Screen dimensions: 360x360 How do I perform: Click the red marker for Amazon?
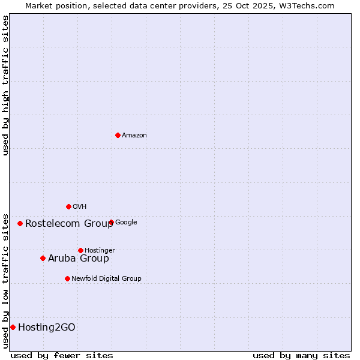tap(118, 135)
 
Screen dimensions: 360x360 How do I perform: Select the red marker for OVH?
tap(68, 206)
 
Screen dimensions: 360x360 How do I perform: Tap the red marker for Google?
tap(111, 223)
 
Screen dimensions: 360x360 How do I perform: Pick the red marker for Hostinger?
tap(80, 250)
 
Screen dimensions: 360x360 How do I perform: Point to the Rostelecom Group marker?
tap(20, 223)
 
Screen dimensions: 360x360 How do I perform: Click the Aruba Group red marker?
tap(43, 258)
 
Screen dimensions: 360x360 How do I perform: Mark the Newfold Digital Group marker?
tap(67, 278)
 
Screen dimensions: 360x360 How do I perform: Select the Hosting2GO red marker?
tap(13, 327)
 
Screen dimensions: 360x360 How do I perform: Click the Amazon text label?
tap(134, 136)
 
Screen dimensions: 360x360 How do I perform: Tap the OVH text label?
tap(80, 207)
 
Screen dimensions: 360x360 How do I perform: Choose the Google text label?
tap(126, 223)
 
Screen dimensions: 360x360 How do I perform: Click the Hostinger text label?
tap(100, 250)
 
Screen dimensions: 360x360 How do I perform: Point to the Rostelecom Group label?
tap(69, 224)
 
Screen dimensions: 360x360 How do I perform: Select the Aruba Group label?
tap(79, 259)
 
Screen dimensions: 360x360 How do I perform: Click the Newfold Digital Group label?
tap(106, 278)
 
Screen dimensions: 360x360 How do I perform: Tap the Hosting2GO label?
tap(47, 327)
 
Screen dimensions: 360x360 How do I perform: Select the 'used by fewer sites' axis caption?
tap(62, 355)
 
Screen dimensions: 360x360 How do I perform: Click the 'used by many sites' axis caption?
tap(301, 355)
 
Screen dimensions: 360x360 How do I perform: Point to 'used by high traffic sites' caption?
tap(6, 85)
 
